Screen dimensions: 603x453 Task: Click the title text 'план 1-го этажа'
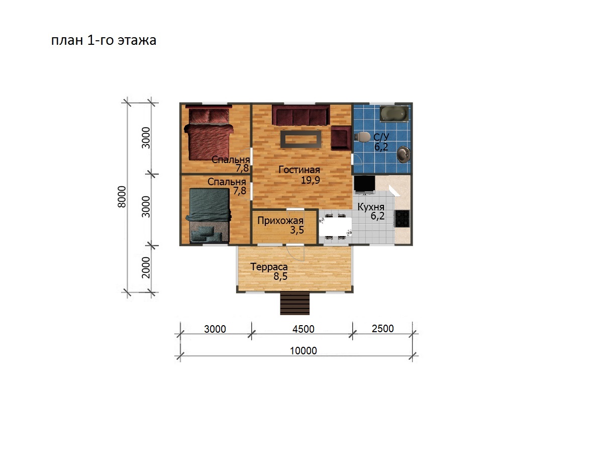[x=104, y=40]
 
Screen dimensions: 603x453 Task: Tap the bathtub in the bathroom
[x=393, y=113]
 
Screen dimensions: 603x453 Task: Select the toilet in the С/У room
[x=362, y=137]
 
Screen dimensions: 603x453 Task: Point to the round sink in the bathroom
[x=404, y=155]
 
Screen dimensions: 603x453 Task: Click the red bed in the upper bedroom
[x=209, y=134]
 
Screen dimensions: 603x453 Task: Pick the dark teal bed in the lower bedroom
[x=209, y=215]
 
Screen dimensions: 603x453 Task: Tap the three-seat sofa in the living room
[x=300, y=115]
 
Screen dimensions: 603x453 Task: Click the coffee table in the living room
[x=300, y=139]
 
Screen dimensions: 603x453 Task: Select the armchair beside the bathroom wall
[x=341, y=138]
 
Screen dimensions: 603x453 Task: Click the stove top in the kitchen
[x=402, y=218]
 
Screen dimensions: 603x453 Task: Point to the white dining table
[x=336, y=226]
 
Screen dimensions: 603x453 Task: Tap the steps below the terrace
[x=294, y=303]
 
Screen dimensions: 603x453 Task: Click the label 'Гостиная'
[x=299, y=170]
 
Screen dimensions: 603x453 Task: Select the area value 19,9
[x=310, y=180]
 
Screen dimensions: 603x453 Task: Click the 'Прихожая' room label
[x=280, y=220]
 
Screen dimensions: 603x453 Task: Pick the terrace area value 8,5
[x=280, y=276]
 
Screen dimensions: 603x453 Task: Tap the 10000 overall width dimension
[x=304, y=351]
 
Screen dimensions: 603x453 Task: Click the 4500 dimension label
[x=303, y=329]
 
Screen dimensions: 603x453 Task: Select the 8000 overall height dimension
[x=122, y=197]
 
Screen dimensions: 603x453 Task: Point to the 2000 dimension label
[x=146, y=267]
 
